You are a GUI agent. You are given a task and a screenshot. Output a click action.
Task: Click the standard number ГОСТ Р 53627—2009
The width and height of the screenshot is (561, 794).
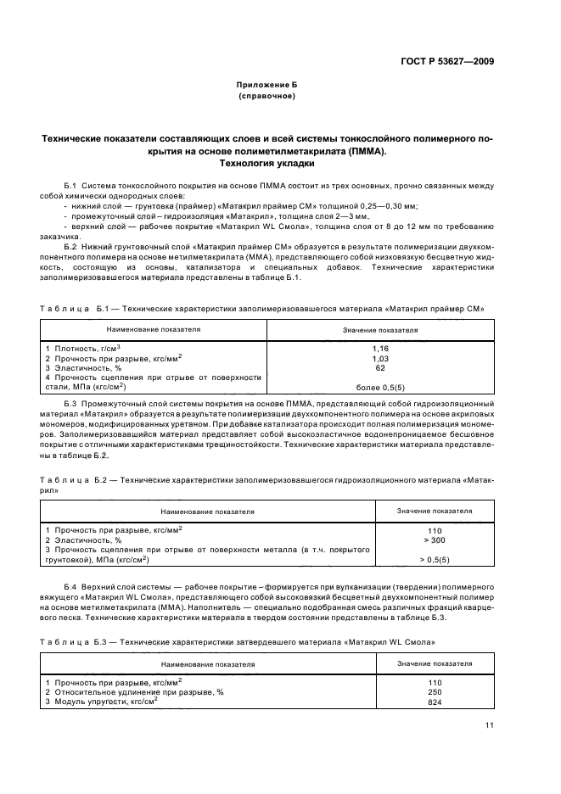448,61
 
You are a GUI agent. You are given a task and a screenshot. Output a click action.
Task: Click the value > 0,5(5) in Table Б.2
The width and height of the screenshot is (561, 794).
435,560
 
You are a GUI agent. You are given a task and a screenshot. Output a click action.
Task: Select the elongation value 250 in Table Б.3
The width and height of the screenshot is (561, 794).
435,692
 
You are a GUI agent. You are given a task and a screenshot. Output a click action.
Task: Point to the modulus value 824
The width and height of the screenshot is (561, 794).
435,702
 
